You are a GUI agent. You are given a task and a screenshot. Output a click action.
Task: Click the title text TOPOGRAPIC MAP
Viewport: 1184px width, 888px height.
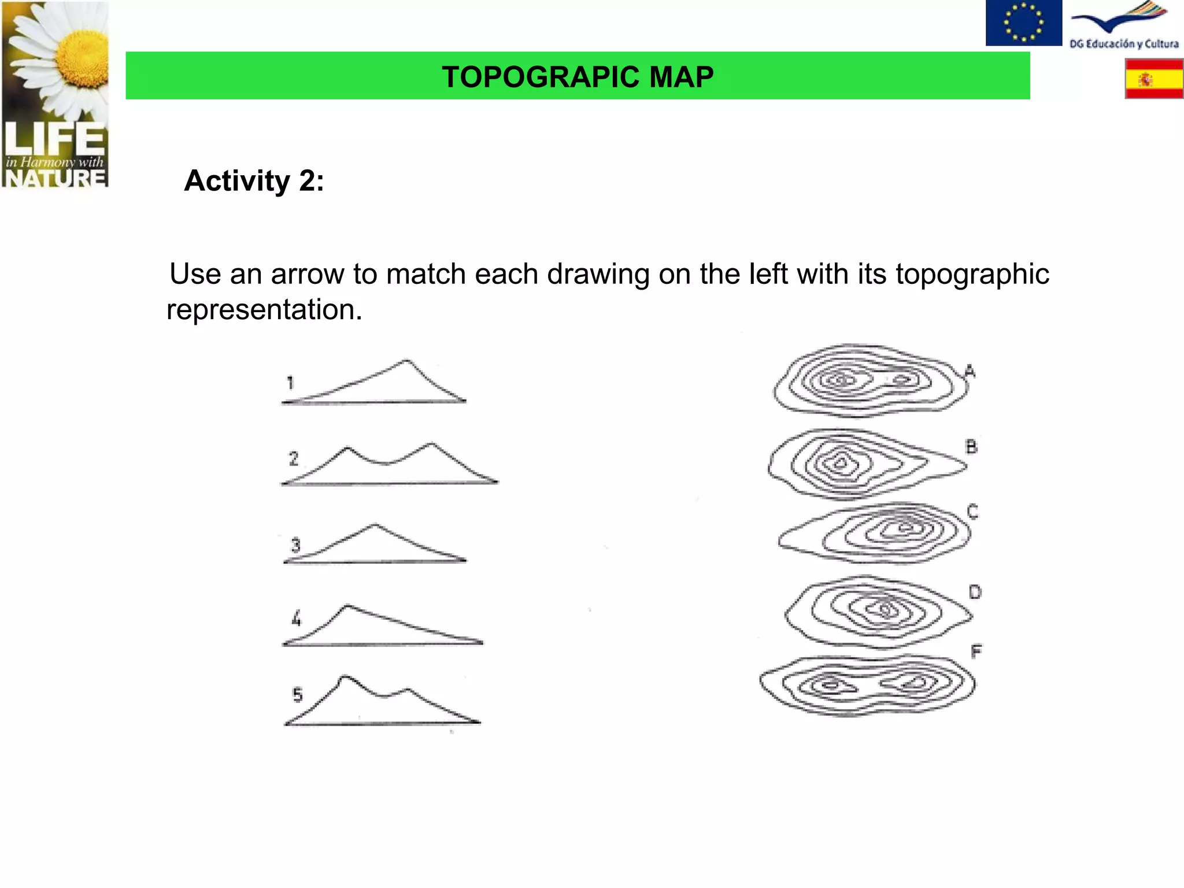click(578, 77)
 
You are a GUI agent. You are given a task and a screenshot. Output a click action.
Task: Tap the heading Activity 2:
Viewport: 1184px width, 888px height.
click(254, 181)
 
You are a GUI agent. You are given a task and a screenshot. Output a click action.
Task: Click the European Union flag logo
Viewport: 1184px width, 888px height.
click(1023, 23)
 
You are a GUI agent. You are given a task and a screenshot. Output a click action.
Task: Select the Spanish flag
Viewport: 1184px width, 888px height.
click(1154, 79)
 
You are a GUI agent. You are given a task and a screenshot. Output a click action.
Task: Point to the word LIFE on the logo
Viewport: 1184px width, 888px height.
click(55, 139)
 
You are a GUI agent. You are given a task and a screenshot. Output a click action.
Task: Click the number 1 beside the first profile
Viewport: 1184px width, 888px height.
click(291, 383)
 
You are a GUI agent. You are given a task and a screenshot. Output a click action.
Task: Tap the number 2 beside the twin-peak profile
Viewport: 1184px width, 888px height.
click(294, 458)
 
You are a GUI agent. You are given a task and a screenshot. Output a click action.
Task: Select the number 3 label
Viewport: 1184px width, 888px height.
click(295, 545)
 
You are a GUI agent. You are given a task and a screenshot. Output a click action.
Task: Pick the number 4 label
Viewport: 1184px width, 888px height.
click(297, 619)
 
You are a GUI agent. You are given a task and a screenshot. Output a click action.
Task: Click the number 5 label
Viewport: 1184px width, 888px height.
click(297, 694)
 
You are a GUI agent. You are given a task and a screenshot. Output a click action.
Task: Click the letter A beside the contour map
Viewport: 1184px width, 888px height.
click(970, 371)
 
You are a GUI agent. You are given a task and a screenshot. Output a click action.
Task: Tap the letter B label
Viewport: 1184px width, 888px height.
click(971, 446)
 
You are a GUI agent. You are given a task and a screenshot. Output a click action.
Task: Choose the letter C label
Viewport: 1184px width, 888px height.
click(972, 512)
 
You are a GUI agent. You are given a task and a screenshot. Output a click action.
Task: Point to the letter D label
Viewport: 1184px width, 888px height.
click(975, 592)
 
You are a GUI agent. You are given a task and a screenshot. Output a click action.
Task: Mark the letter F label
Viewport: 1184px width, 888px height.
click(976, 652)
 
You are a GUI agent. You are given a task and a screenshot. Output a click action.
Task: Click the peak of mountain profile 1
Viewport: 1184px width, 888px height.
click(406, 361)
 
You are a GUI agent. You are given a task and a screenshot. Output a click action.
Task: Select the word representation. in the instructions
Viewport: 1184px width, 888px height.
click(264, 310)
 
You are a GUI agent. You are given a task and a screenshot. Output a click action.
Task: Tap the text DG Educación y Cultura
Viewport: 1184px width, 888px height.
click(1124, 44)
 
